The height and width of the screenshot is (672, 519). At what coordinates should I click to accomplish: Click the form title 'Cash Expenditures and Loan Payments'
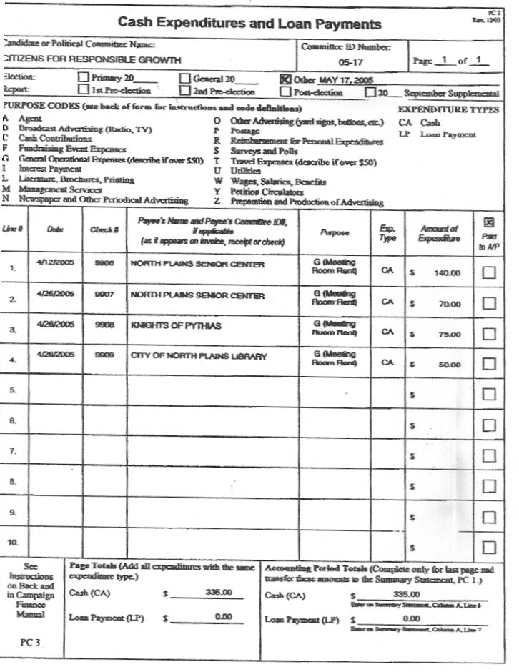pos(249,24)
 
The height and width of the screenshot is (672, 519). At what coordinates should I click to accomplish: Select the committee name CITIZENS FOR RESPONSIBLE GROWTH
pos(72,59)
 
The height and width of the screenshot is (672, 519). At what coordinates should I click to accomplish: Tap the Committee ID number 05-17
pos(350,61)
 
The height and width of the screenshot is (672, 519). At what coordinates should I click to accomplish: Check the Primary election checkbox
pos(83,79)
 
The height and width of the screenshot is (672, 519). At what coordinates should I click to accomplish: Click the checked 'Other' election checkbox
pos(285,79)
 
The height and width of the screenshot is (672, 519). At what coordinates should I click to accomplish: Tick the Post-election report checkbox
pos(285,92)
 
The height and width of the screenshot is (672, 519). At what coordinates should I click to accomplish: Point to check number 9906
pos(104,265)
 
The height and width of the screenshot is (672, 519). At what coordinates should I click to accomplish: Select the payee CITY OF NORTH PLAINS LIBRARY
pos(198,356)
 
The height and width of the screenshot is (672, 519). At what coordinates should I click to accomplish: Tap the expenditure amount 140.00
pos(447,273)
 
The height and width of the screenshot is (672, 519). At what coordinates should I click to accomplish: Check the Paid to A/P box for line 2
pos(489,303)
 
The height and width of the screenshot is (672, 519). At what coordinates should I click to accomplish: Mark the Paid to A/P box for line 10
pos(489,548)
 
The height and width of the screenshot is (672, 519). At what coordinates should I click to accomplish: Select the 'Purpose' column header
pos(335,232)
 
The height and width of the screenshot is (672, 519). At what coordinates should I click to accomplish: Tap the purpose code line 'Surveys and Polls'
pos(254,152)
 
